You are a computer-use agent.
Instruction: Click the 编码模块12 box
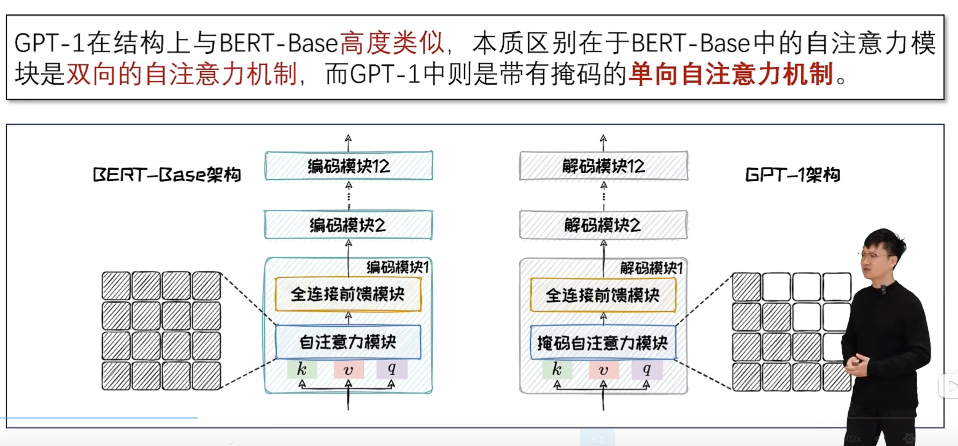click(x=349, y=166)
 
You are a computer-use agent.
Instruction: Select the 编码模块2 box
click(x=348, y=225)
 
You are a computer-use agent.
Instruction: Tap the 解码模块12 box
click(x=604, y=166)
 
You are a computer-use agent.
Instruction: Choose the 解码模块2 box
click(x=603, y=225)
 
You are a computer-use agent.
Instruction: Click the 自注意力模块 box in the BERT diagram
click(x=348, y=342)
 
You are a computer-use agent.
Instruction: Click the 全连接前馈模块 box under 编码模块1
click(x=348, y=294)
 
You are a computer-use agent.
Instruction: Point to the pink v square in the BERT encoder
click(x=348, y=369)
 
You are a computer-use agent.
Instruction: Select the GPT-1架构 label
click(x=793, y=175)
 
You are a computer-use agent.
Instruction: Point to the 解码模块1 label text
click(x=651, y=268)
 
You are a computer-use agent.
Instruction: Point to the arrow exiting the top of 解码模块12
click(x=603, y=143)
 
